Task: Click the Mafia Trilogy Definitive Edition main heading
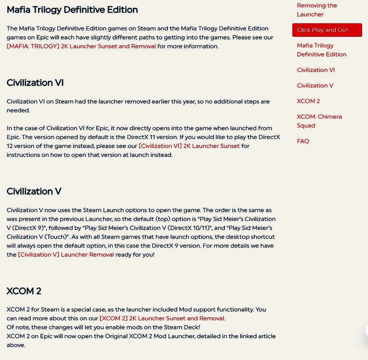pyautogui.click(x=72, y=9)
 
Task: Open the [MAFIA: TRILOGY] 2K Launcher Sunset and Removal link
pyautogui.click(x=81, y=46)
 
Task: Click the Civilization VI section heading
pyautogui.click(x=35, y=83)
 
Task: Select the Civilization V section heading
pyautogui.click(x=34, y=191)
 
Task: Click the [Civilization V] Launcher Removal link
pyautogui.click(x=66, y=254)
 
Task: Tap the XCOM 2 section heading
pyautogui.click(x=24, y=291)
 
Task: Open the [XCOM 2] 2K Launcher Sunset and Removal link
pyautogui.click(x=162, y=318)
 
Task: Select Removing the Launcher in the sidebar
pyautogui.click(x=317, y=10)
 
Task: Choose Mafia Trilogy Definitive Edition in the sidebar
pyautogui.click(x=322, y=50)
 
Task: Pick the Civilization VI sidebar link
pyautogui.click(x=316, y=70)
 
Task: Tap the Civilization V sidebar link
pyautogui.click(x=315, y=86)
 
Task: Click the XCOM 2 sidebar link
pyautogui.click(x=308, y=101)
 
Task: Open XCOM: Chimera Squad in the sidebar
pyautogui.click(x=319, y=121)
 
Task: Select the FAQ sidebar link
pyautogui.click(x=303, y=141)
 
